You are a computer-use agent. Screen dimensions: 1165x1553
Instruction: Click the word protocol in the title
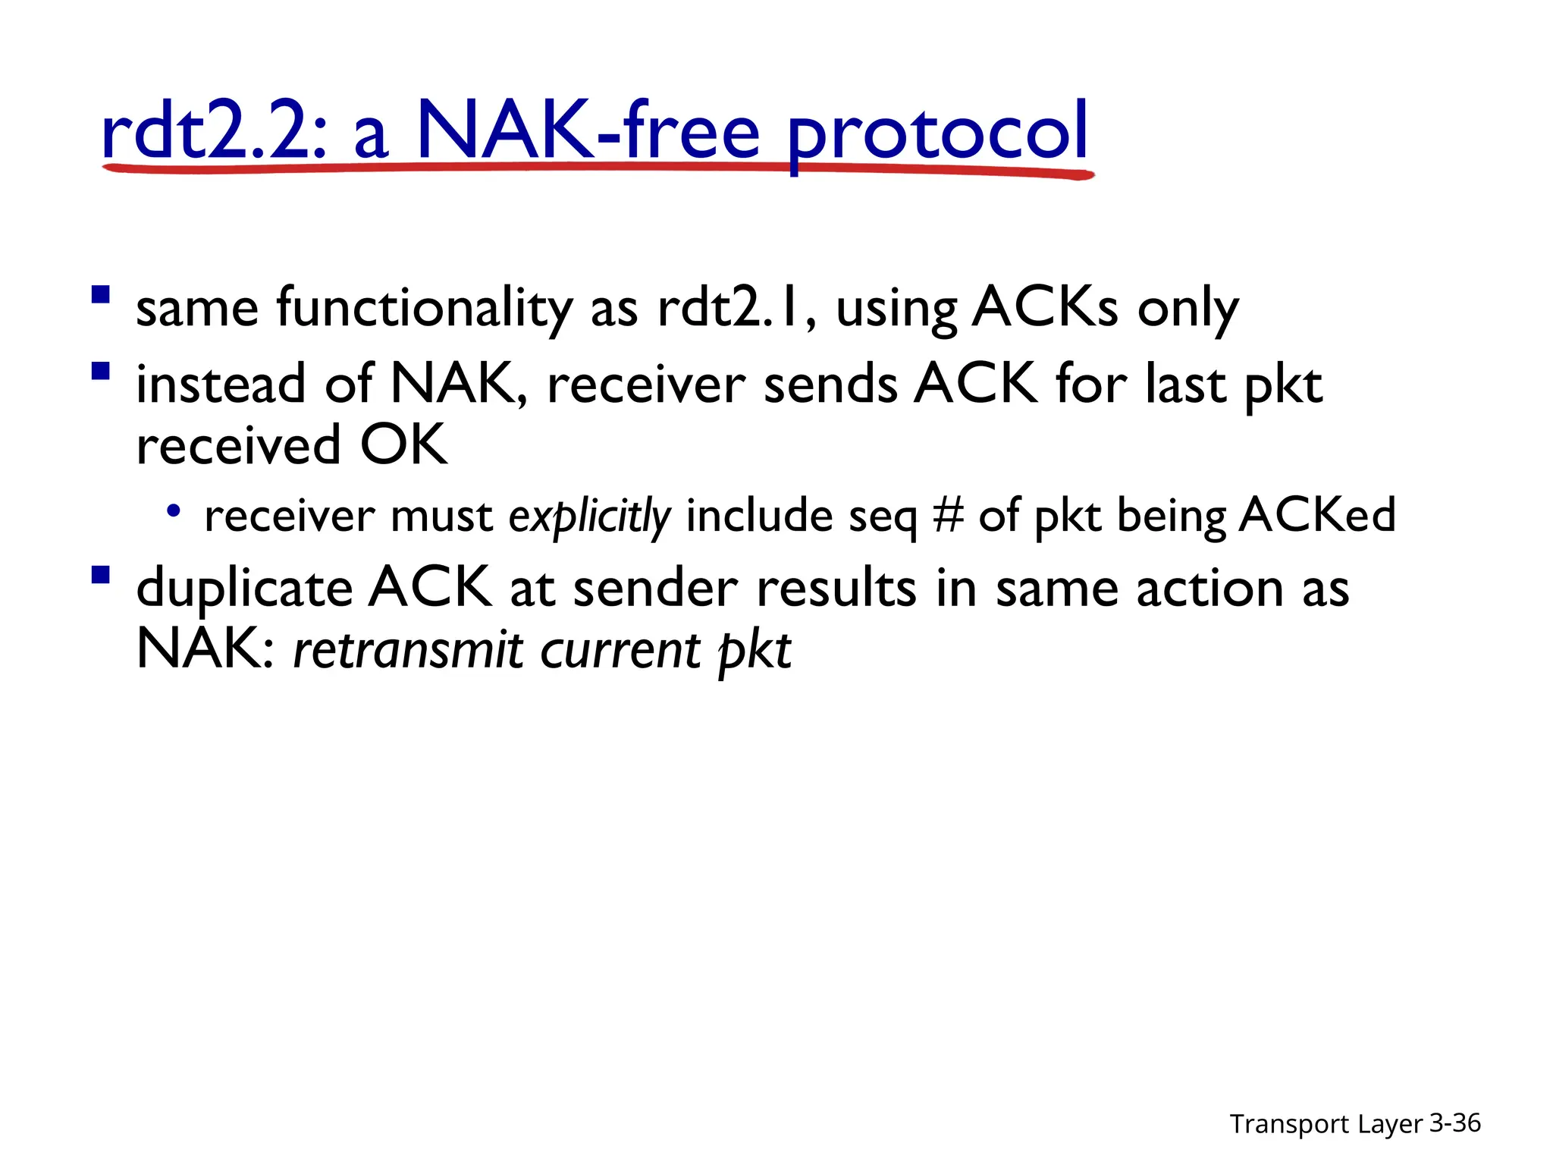(x=938, y=133)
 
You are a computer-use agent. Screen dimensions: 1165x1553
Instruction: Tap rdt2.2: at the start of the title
(x=215, y=133)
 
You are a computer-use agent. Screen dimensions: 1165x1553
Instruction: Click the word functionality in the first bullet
(x=425, y=309)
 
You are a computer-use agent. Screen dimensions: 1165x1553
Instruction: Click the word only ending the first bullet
(x=1188, y=309)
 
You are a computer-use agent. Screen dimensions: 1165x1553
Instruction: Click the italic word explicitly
(x=589, y=517)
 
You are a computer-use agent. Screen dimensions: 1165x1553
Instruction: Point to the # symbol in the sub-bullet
(x=949, y=516)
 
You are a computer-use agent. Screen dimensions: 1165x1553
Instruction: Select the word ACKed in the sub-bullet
(x=1317, y=516)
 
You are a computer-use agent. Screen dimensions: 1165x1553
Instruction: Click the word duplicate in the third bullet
(x=244, y=590)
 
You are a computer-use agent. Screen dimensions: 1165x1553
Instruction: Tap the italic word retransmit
(x=408, y=651)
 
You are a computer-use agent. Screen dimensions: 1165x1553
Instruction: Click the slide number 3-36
(x=1454, y=1123)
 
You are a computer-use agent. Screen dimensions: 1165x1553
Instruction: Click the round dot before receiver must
(x=174, y=511)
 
